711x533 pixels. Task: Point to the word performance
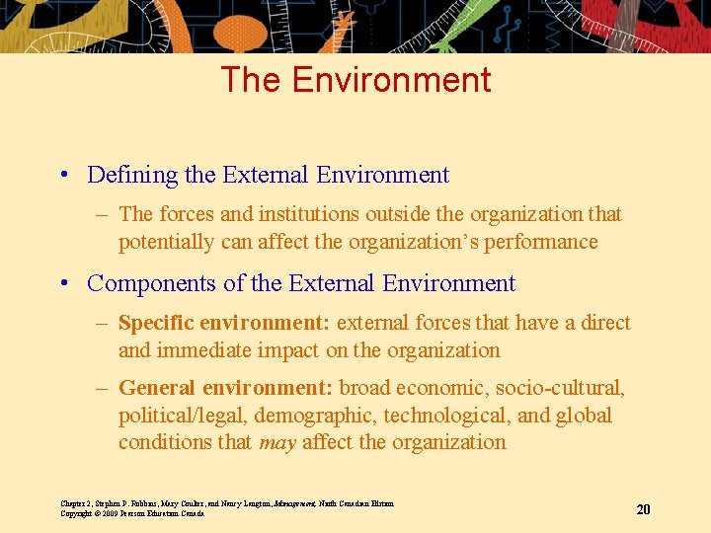(x=546, y=242)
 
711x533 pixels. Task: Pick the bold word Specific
(x=155, y=323)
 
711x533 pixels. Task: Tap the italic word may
(x=276, y=442)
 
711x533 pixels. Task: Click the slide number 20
(x=643, y=509)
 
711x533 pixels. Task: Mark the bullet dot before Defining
(x=63, y=177)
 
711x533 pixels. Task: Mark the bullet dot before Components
(x=63, y=284)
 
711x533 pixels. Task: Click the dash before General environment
(x=102, y=389)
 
